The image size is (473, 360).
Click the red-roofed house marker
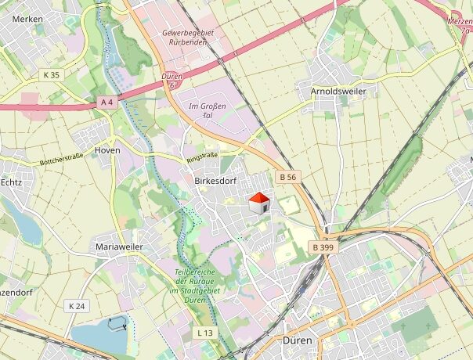click(259, 203)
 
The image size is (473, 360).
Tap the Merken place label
click(27, 19)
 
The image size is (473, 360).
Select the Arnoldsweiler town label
click(338, 91)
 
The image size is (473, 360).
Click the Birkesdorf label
click(214, 181)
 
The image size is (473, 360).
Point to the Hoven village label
click(107, 149)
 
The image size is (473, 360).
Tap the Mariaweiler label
click(118, 247)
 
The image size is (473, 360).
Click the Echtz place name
click(11, 182)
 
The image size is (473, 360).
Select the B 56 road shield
click(287, 178)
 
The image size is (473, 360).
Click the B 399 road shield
click(323, 247)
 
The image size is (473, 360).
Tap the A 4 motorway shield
click(107, 102)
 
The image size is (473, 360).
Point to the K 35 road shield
click(51, 75)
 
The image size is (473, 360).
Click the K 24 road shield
click(76, 305)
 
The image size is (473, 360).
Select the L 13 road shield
click(205, 333)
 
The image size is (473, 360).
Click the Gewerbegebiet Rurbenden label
click(188, 38)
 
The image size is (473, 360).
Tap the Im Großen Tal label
click(208, 110)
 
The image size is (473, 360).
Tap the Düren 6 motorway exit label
click(171, 81)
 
